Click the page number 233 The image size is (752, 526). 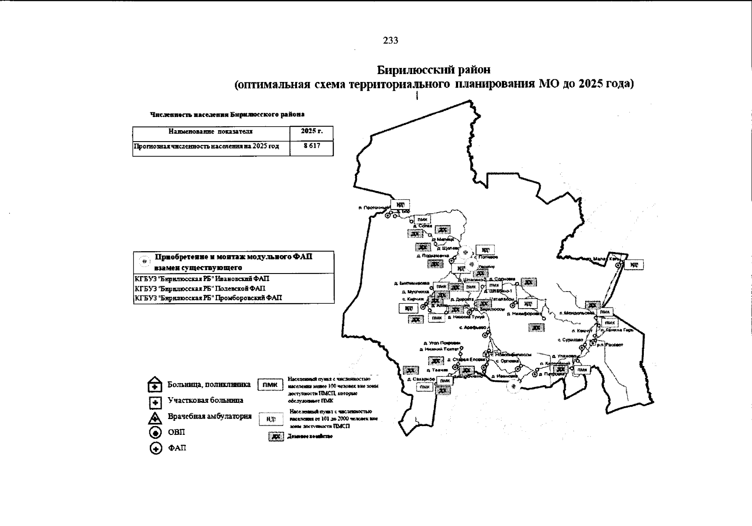point(391,40)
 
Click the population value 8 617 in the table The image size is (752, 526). point(311,146)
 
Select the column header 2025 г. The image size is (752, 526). point(311,131)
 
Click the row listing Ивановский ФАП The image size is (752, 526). point(202,279)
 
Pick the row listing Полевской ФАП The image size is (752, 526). point(200,288)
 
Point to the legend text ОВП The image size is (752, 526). point(176,433)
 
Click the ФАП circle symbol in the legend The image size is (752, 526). point(155,449)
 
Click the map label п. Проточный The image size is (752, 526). point(373,208)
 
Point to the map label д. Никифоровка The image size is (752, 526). point(524,314)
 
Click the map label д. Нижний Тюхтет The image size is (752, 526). point(438,349)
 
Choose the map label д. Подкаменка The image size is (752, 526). point(433,256)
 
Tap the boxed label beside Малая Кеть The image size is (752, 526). point(633,265)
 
